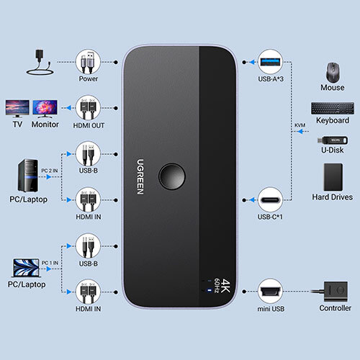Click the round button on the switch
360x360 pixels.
coord(172,176)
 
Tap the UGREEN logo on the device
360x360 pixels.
coord(140,176)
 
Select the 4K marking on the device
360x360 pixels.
coord(225,286)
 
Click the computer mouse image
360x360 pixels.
coord(333,72)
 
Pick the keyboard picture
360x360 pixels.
coord(333,108)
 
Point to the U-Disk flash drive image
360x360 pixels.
coord(333,140)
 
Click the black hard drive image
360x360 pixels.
coord(333,177)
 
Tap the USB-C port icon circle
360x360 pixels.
coord(270,199)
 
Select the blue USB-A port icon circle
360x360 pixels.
coord(270,62)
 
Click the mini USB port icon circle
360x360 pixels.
coord(270,292)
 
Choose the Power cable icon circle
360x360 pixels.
coord(88,62)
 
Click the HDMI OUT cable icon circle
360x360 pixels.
coord(88,108)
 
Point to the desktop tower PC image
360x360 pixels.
coord(28,176)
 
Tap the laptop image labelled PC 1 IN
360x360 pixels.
coord(26,268)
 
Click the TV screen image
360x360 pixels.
coord(17,109)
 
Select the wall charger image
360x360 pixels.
coord(40,62)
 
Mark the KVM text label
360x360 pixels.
coord(300,125)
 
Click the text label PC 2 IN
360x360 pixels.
coord(50,171)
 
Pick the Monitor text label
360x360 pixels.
coord(45,125)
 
